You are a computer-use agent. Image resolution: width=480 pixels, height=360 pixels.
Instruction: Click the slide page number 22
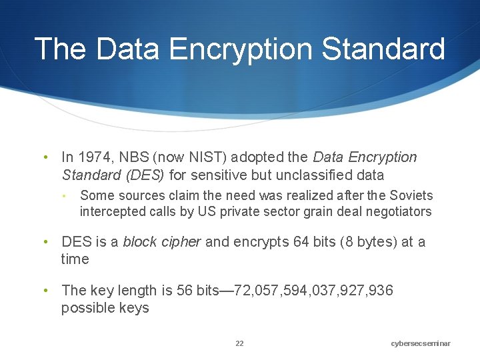click(x=239, y=343)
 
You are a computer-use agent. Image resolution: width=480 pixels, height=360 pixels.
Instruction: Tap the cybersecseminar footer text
click(x=421, y=343)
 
